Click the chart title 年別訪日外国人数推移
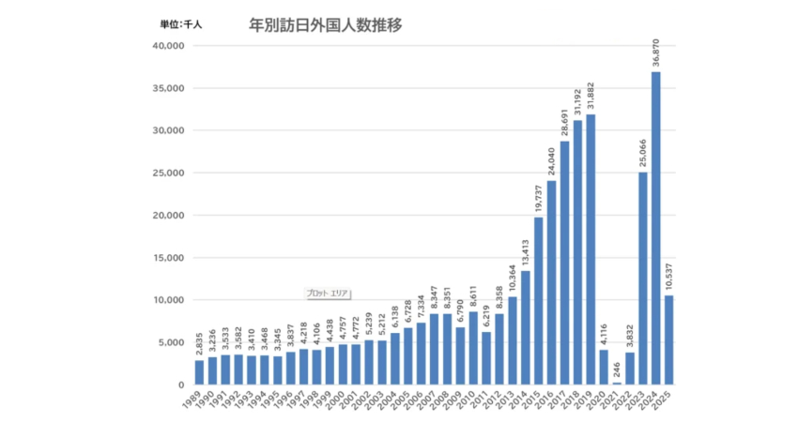point(325,24)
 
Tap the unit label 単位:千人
point(180,25)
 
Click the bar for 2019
point(591,249)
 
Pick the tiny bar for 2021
point(617,383)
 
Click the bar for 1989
point(199,372)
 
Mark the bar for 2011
point(486,358)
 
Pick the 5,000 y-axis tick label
point(171,342)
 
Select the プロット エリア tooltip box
point(328,293)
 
